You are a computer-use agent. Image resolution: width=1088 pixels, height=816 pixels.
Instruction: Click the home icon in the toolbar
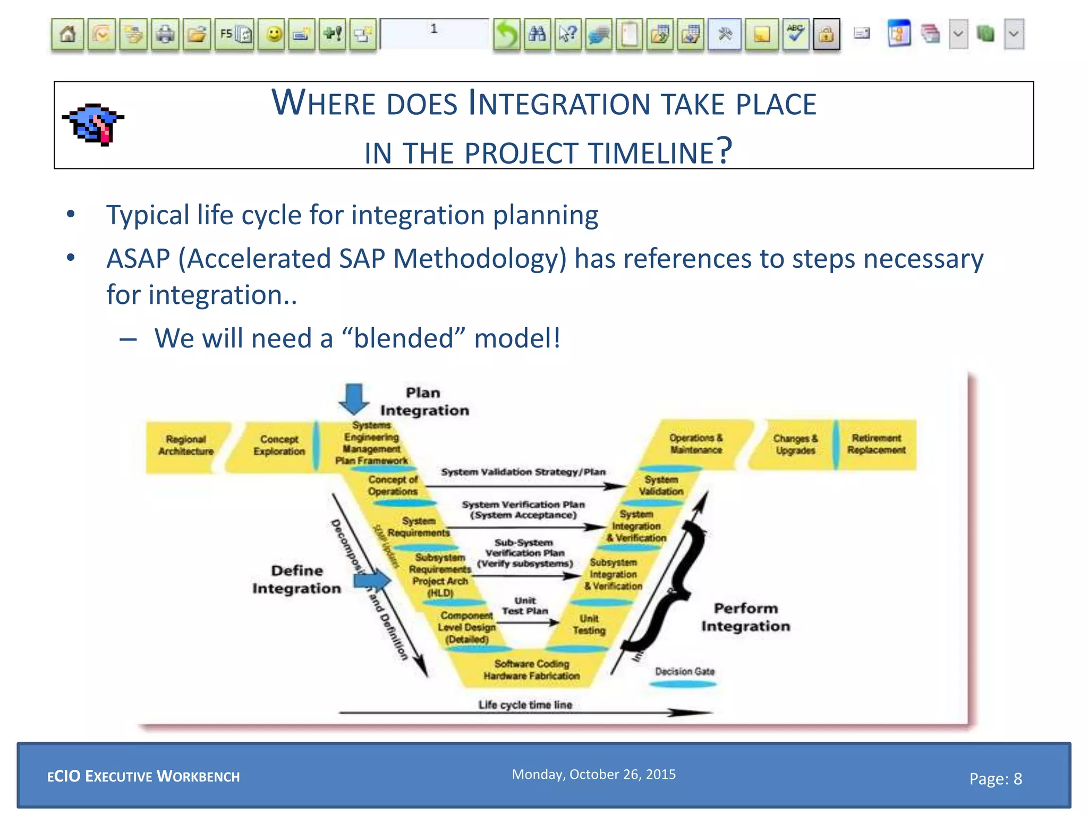click(67, 35)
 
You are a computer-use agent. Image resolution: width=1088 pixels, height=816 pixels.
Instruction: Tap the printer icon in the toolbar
click(165, 35)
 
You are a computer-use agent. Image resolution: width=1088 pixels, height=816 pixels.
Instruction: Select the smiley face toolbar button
click(274, 35)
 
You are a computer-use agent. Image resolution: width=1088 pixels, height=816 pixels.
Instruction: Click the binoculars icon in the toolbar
click(537, 35)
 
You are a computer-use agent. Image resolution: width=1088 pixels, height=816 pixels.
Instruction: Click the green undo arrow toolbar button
click(506, 35)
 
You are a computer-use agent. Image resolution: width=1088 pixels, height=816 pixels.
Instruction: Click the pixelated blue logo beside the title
click(93, 124)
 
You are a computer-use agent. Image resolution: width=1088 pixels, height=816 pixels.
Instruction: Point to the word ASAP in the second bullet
click(138, 259)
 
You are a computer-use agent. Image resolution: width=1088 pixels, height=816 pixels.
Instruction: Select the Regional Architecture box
click(186, 445)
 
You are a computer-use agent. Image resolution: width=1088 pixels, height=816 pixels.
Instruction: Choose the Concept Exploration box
click(279, 445)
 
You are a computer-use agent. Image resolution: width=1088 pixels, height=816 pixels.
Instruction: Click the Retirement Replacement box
click(876, 444)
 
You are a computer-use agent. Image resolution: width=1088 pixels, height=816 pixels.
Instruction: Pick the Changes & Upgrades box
click(795, 444)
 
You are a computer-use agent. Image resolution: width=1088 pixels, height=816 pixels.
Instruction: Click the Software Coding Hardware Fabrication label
click(531, 670)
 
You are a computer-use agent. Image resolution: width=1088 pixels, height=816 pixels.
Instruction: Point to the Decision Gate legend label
click(684, 671)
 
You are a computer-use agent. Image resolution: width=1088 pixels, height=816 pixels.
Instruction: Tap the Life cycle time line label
click(525, 705)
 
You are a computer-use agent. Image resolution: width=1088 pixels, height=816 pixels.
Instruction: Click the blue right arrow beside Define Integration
click(372, 580)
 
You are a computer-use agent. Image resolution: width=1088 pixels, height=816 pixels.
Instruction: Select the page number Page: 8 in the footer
click(995, 779)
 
